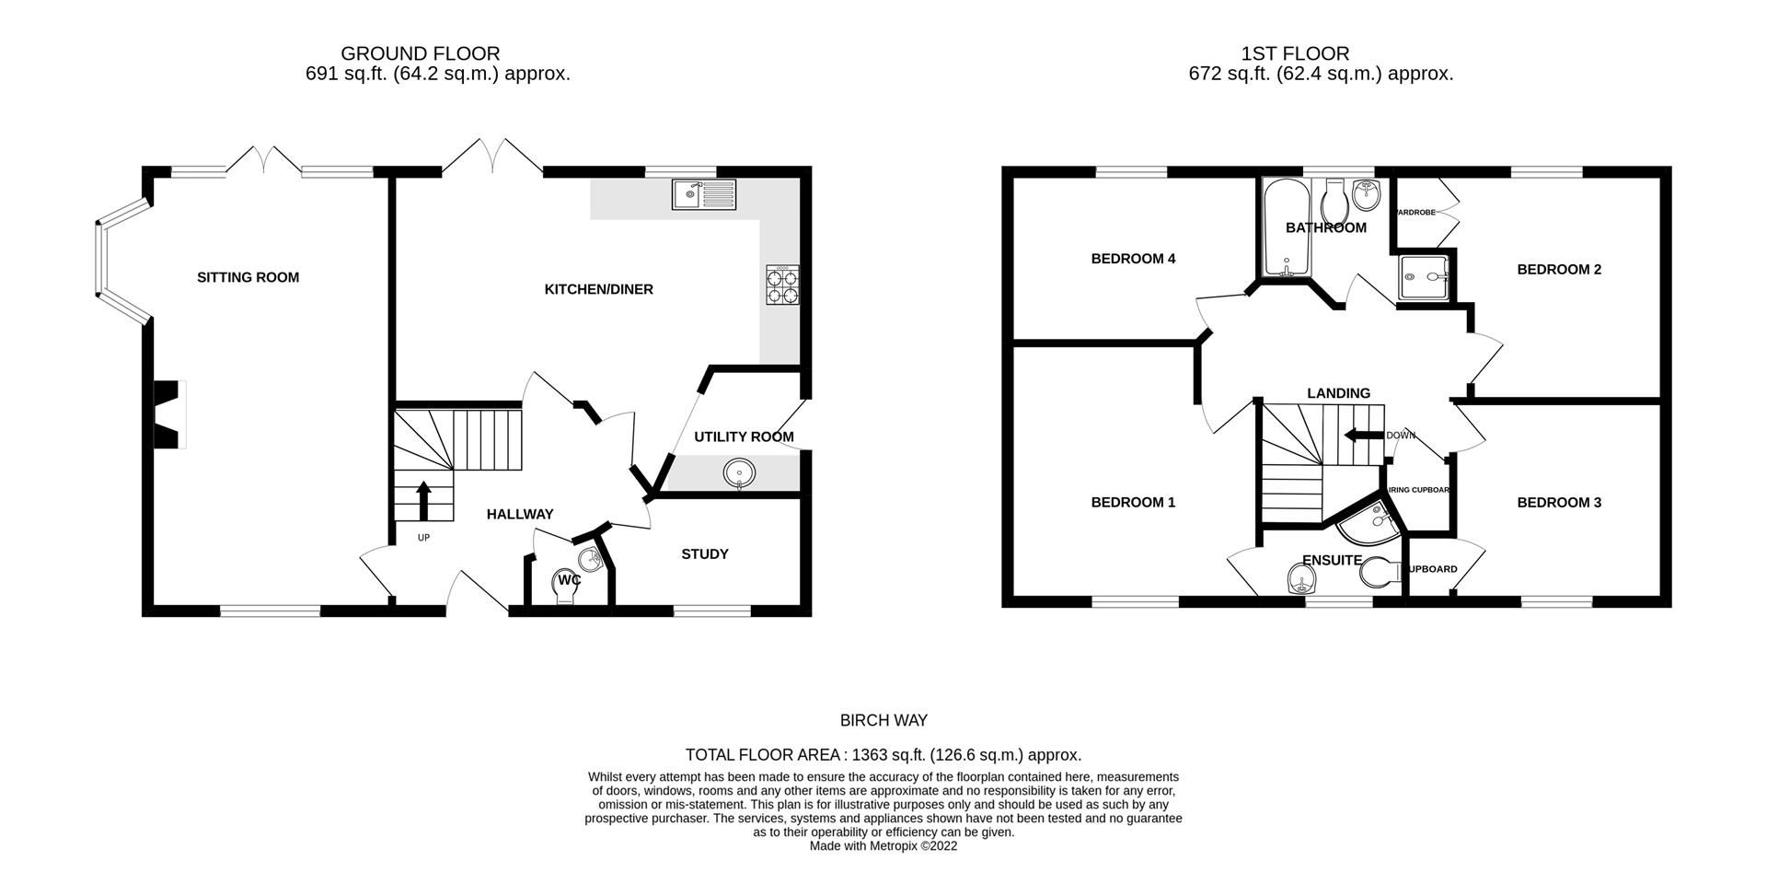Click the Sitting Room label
click(248, 277)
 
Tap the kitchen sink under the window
click(704, 194)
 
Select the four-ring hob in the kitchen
click(781, 285)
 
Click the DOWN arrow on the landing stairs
click(1364, 436)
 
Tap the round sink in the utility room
click(739, 474)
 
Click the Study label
click(704, 554)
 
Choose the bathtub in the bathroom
click(1281, 227)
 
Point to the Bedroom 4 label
click(1132, 259)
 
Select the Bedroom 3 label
click(1558, 503)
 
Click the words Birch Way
click(883, 721)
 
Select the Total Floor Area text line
click(883, 755)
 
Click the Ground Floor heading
click(420, 53)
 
